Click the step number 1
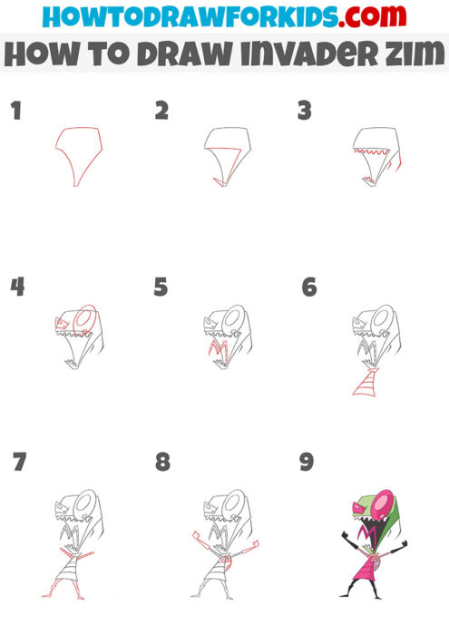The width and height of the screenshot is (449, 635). click(15, 112)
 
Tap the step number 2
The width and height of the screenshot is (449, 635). click(161, 111)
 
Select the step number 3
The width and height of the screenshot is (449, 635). click(305, 111)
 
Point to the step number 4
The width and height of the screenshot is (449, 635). click(16, 288)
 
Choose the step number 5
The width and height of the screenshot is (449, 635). click(161, 288)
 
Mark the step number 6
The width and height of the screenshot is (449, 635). click(308, 288)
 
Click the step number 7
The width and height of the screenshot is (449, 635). click(19, 462)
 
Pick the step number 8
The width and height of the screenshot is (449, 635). click(162, 462)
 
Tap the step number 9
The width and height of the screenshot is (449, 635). click(307, 462)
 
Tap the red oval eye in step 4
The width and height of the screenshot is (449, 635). click(84, 318)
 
